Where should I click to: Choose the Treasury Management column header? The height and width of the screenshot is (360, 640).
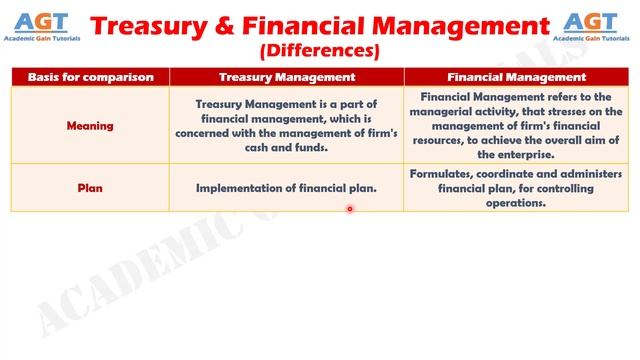point(286,76)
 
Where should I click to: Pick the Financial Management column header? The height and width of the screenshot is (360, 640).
point(516,76)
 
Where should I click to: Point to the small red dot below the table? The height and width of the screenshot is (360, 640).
point(350,209)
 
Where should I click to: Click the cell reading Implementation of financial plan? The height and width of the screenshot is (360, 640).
point(286,187)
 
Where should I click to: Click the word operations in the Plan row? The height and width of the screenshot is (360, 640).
point(516,202)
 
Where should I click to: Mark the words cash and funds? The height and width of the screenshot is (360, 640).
point(286,148)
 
